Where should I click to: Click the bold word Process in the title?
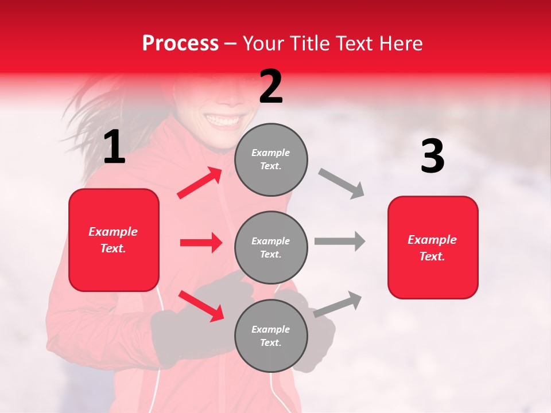pyautogui.click(x=180, y=44)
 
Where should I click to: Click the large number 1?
pyautogui.click(x=114, y=147)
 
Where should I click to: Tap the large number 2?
pyautogui.click(x=271, y=87)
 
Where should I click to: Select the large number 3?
pyautogui.click(x=432, y=157)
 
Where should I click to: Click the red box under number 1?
pyautogui.click(x=114, y=240)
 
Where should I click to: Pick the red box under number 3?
pyautogui.click(x=433, y=247)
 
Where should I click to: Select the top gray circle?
pyautogui.click(x=271, y=159)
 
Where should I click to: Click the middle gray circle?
pyautogui.click(x=271, y=247)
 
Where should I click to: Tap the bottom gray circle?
pyautogui.click(x=271, y=336)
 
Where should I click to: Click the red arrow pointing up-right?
pyautogui.click(x=200, y=183)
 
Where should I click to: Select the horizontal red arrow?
pyautogui.click(x=201, y=243)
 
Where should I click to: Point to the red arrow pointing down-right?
pyautogui.click(x=201, y=306)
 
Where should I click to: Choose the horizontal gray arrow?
pyautogui.click(x=340, y=241)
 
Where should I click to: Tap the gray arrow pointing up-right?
pyautogui.click(x=338, y=304)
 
